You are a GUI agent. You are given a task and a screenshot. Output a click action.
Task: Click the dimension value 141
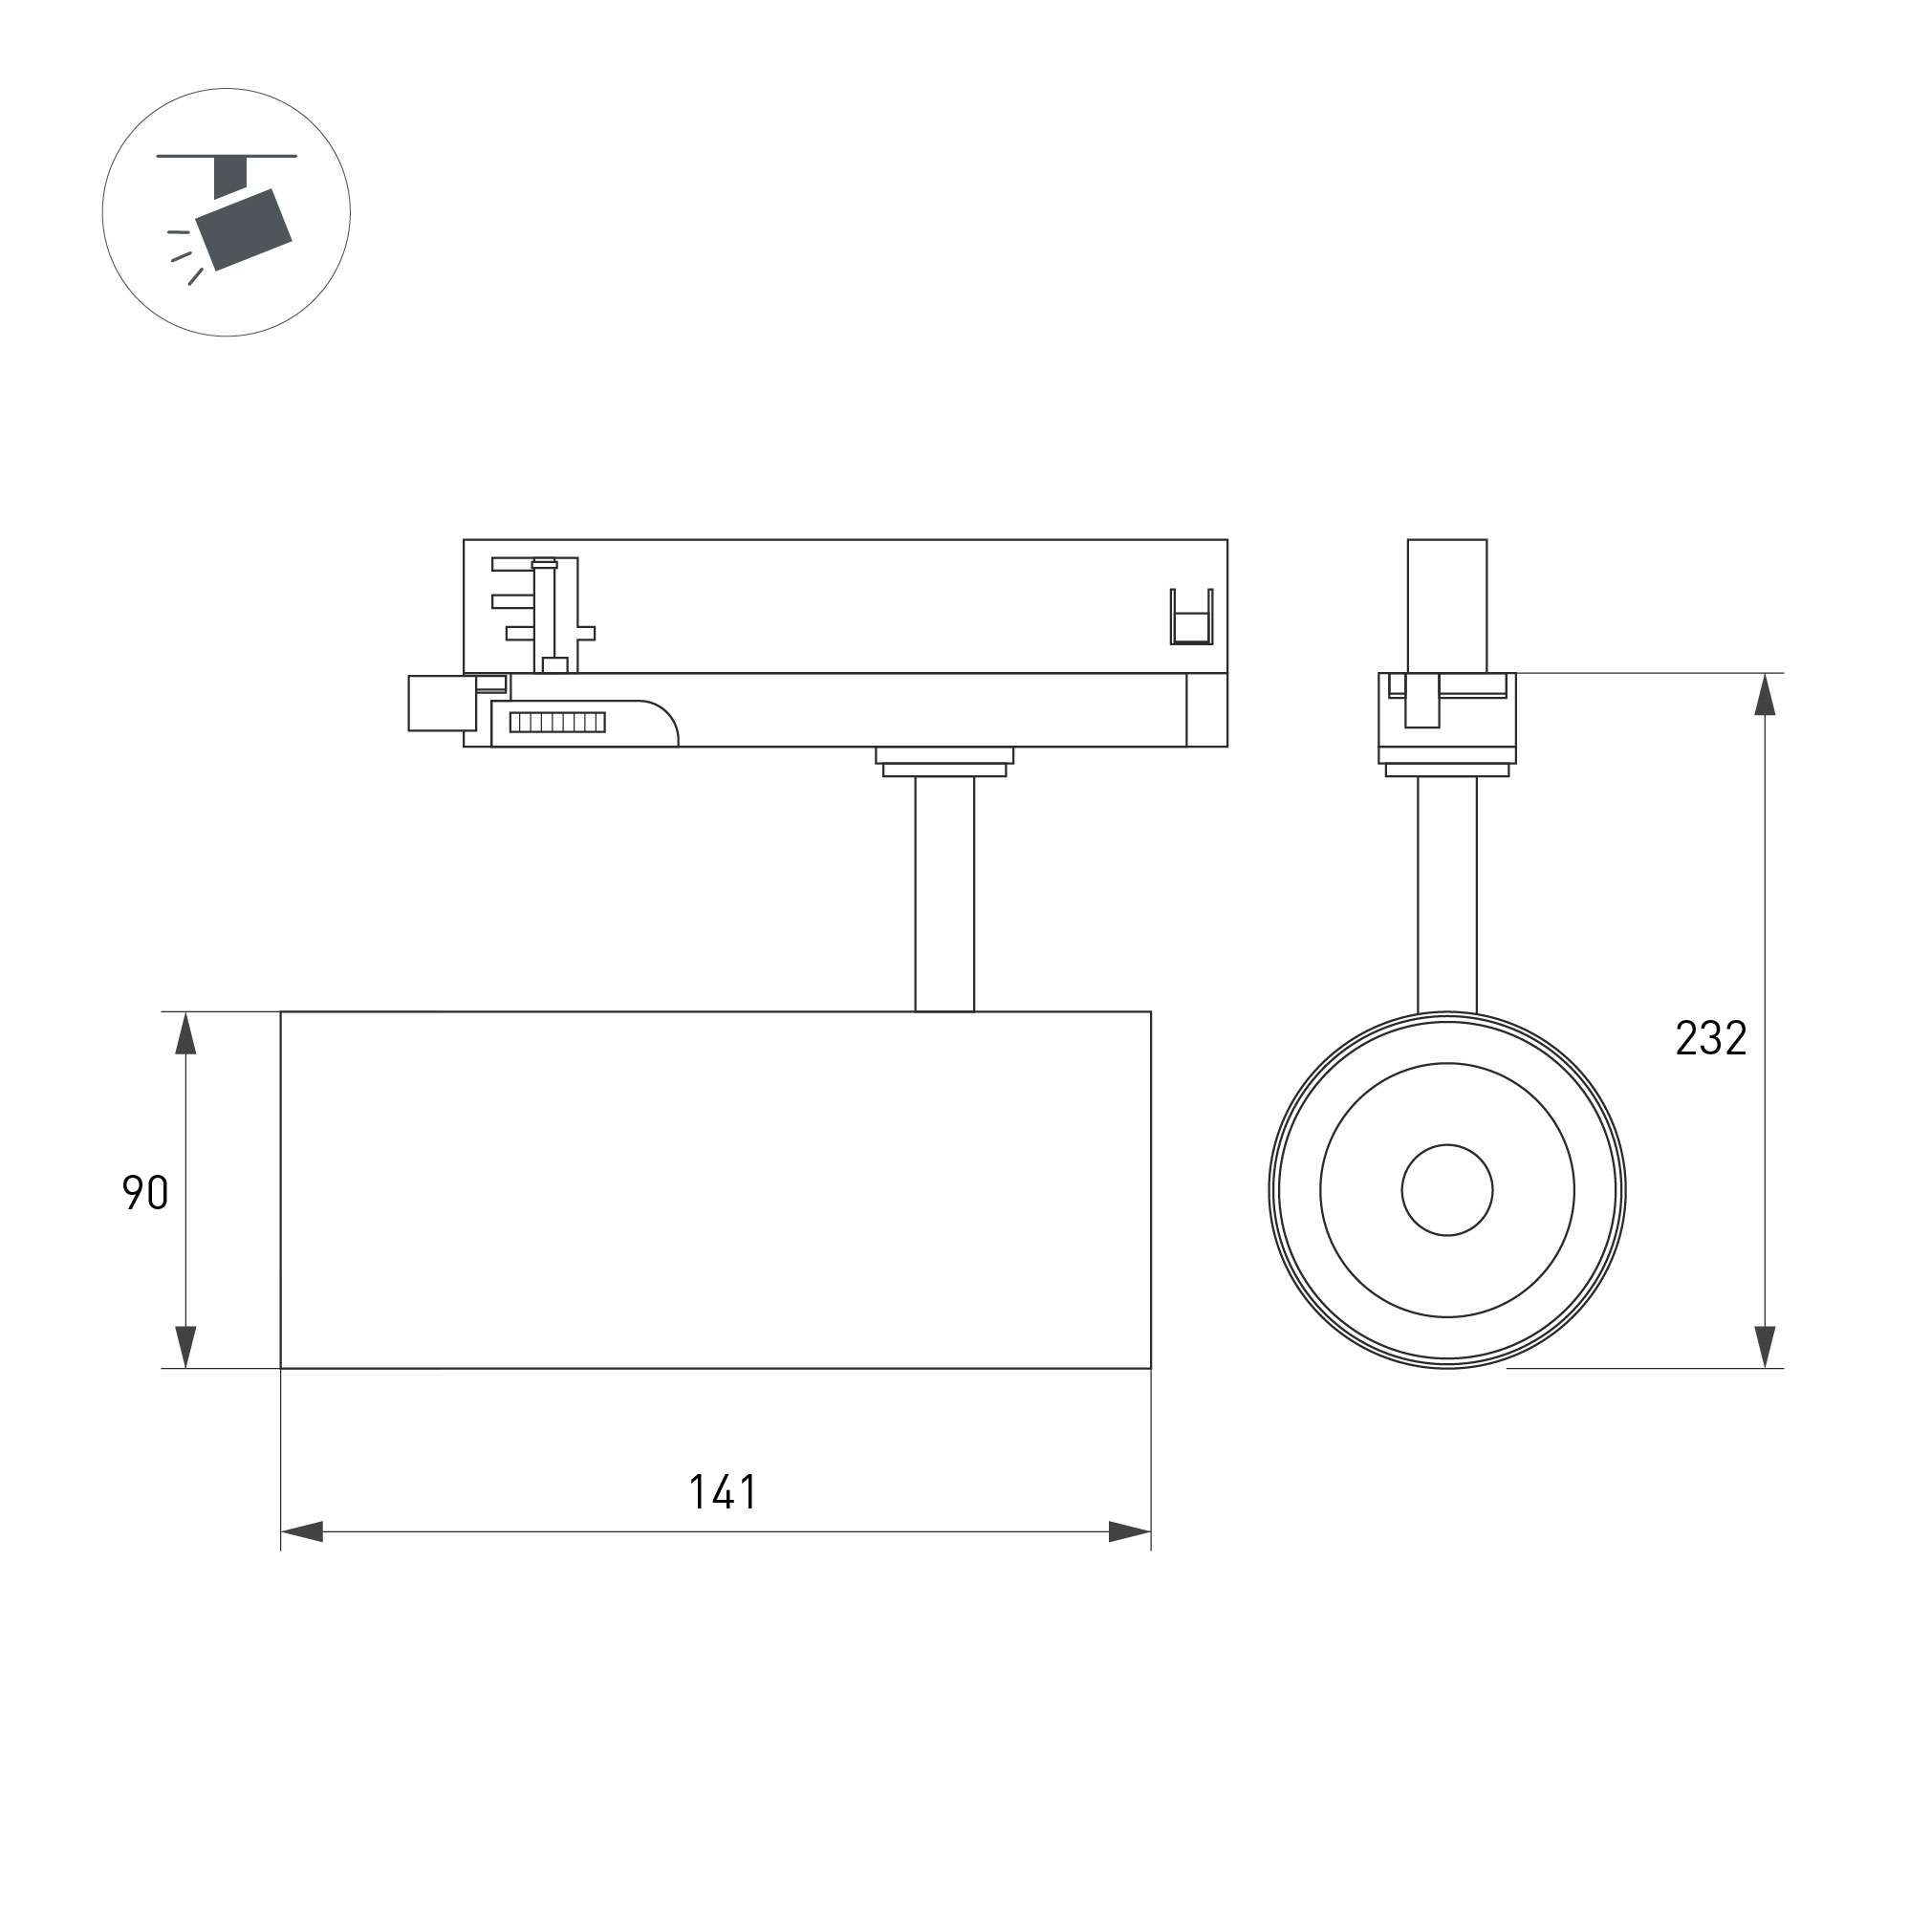coord(724,1492)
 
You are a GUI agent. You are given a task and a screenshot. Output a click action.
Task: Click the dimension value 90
coord(145,1193)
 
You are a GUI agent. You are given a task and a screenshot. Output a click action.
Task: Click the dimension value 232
coord(1711,1037)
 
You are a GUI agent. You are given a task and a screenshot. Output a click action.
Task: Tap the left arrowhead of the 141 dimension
coord(302,1532)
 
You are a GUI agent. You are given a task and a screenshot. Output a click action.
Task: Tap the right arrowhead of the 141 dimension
coord(1129,1532)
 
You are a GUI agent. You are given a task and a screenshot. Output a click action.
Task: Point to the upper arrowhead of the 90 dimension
coord(185,1033)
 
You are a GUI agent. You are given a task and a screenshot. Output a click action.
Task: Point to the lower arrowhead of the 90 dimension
coord(185,1347)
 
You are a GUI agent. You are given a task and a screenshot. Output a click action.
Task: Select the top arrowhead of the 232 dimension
coord(1765,695)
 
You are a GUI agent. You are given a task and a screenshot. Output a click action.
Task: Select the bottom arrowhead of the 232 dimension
coord(1765,1347)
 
